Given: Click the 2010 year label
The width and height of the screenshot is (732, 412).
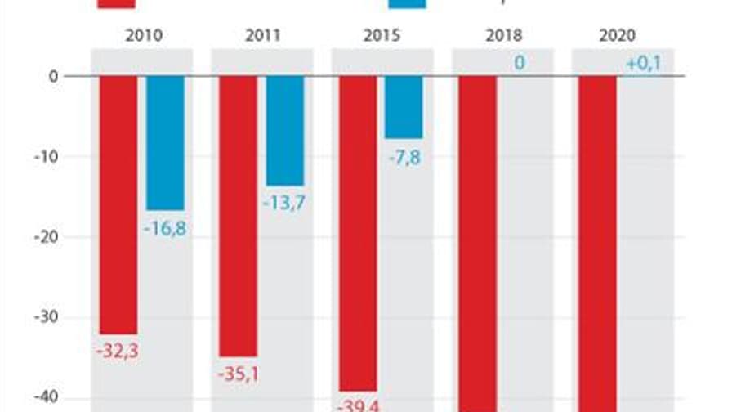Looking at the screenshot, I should pos(144,35).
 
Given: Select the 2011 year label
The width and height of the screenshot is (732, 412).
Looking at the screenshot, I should pos(262,35).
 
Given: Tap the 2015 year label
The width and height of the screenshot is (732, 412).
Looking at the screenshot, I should pos(382,35).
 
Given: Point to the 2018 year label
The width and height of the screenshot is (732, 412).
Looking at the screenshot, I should pos(502,35).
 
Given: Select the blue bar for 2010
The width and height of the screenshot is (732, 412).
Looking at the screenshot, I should pos(165,143).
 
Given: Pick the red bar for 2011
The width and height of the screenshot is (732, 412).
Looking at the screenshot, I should pos(238,216).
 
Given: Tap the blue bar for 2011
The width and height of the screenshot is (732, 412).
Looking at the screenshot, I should pos(285,131).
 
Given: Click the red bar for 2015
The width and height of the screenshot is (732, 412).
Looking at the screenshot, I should pos(358,233).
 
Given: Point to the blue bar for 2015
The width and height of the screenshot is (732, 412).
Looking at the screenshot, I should pos(404,107).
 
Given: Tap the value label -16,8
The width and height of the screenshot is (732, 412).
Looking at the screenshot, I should pos(165,229).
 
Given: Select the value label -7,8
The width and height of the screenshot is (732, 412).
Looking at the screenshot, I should pos(404,157).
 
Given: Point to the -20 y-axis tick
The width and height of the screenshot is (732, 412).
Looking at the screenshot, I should pos(47,237).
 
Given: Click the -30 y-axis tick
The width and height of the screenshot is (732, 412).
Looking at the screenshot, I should pos(47,317).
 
